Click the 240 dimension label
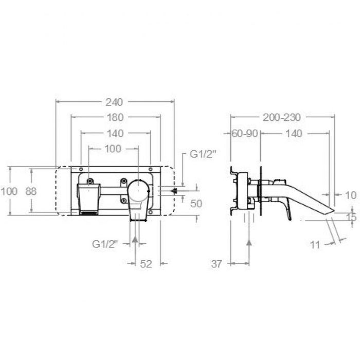tap(114, 102)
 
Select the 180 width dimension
tap(115, 118)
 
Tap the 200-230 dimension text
tap(282, 118)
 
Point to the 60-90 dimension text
tap(245, 134)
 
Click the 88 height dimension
tap(31, 191)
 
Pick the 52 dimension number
tap(146, 264)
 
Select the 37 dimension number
tap(217, 264)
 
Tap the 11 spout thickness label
tap(315, 245)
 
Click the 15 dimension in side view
tap(351, 217)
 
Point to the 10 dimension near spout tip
tap(351, 195)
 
